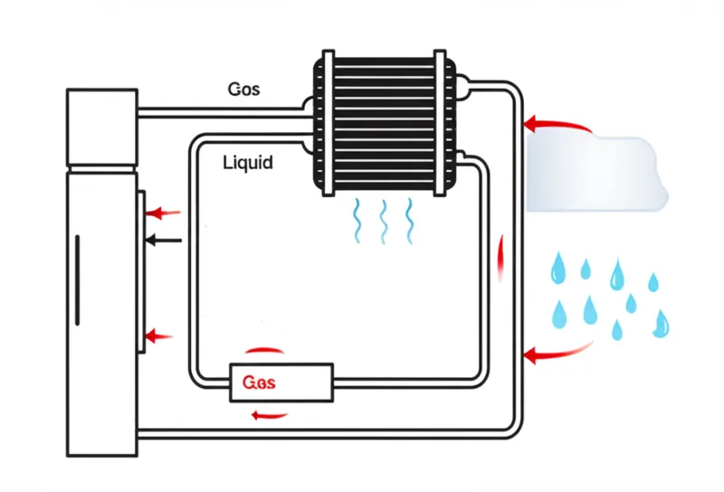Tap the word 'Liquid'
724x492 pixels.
point(247,163)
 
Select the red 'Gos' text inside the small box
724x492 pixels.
point(259,383)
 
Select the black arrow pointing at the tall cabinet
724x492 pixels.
point(164,241)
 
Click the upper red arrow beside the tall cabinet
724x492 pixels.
point(164,213)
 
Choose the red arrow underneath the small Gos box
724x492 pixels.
point(270,415)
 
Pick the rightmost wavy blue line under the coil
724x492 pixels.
point(409,221)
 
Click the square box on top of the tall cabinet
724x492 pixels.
point(102,127)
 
